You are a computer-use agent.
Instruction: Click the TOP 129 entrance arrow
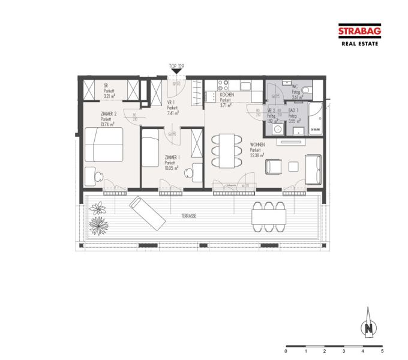point(175,71)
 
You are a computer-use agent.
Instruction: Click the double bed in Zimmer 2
point(103,144)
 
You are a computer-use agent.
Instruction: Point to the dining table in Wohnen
point(226,149)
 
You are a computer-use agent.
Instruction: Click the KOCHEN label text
point(227,95)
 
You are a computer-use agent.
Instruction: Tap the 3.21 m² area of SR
point(110,96)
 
